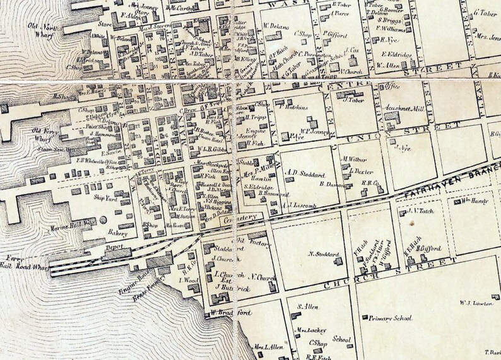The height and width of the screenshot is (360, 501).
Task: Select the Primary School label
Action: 391,319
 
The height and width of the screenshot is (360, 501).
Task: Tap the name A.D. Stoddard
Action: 305,172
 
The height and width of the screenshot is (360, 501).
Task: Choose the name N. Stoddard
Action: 324,254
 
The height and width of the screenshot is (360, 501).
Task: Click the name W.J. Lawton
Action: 475,303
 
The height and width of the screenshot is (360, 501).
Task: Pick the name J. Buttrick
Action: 230,287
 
